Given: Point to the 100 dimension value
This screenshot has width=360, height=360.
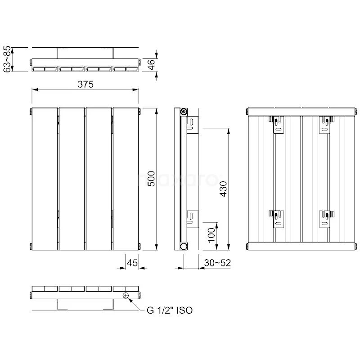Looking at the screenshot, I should [x=211, y=235].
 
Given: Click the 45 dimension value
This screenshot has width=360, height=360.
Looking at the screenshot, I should [x=131, y=262].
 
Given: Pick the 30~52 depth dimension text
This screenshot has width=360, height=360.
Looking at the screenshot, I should [x=217, y=262].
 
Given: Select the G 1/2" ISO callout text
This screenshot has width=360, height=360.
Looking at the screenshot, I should [x=170, y=310].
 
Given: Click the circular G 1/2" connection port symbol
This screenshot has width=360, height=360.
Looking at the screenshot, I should [x=126, y=295].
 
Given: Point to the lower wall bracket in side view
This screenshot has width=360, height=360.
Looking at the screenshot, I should [x=192, y=218].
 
